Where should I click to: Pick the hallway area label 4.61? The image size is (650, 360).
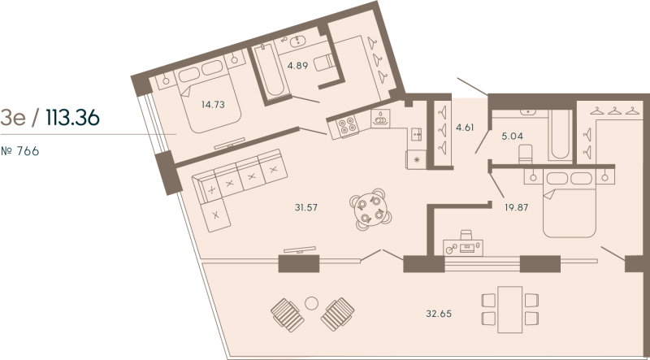point(464,128)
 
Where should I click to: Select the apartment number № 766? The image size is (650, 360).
point(20,151)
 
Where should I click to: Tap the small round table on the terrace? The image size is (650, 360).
point(311,304)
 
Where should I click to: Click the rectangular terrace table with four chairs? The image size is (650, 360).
point(509,308)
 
